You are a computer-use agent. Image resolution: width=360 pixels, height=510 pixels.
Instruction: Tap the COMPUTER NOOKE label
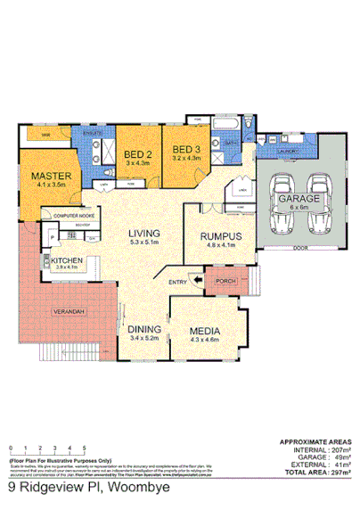74,217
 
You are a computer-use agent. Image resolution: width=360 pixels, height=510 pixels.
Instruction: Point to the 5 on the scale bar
84,449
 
